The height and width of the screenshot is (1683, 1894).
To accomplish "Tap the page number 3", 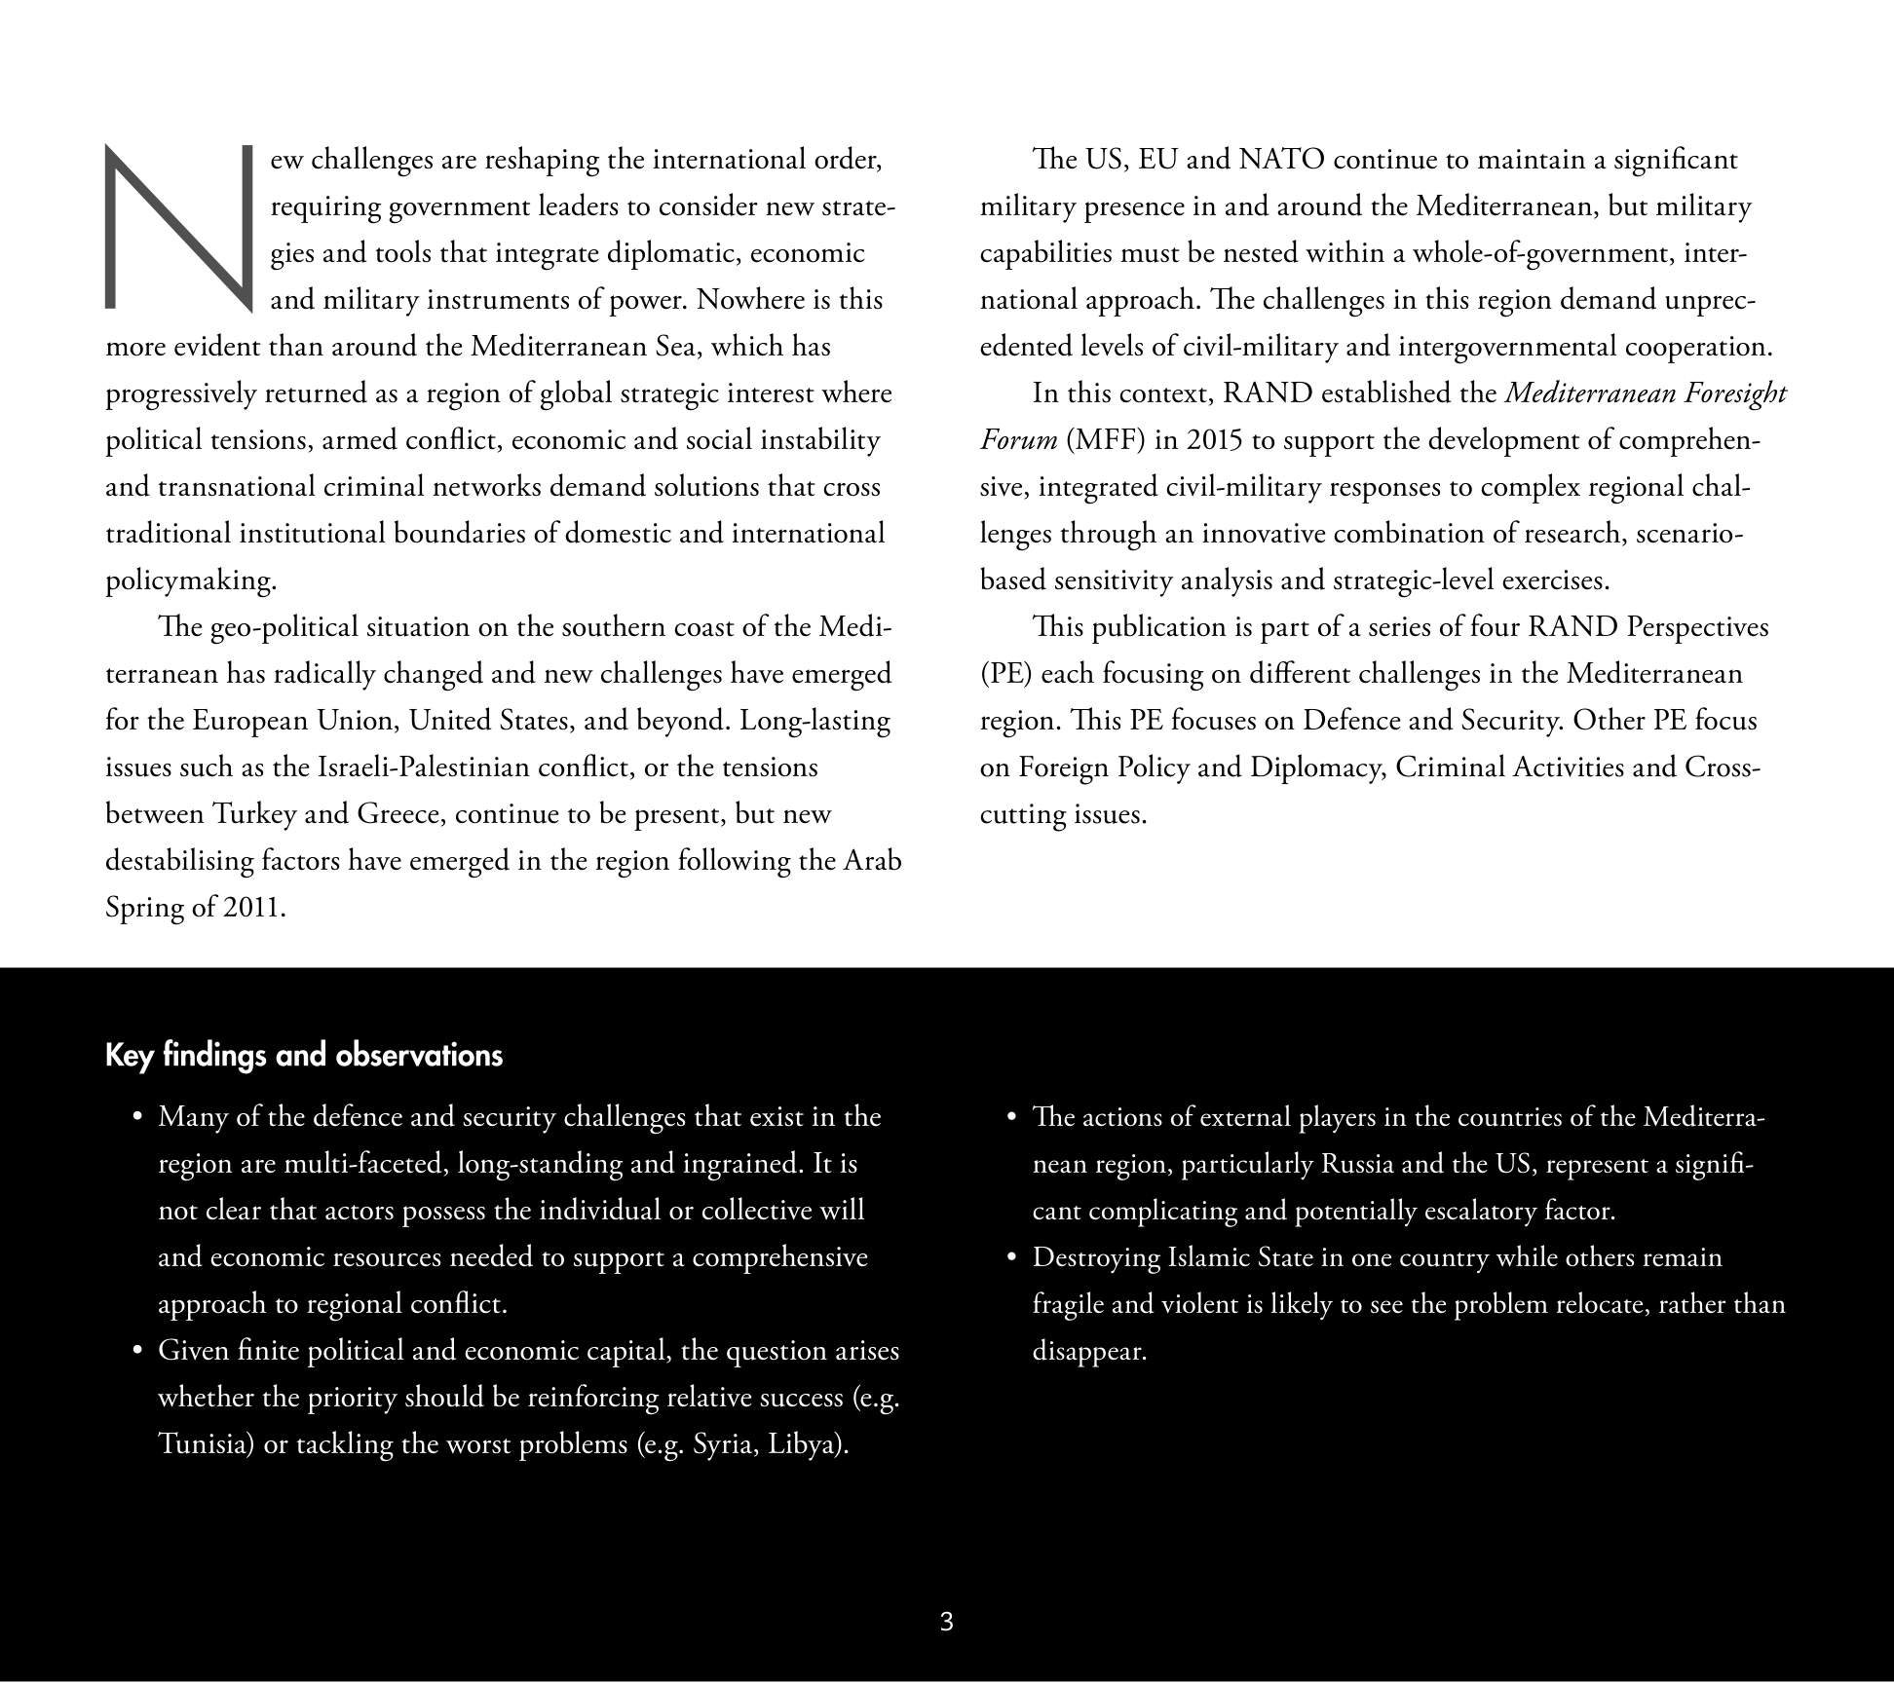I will [946, 1622].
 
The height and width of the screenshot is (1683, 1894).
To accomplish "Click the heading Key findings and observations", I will [304, 1056].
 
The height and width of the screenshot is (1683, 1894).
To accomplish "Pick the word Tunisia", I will [207, 1443].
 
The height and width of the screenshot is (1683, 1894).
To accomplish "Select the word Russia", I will [1362, 1164].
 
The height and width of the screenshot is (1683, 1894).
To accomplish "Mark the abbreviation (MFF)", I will [1106, 440].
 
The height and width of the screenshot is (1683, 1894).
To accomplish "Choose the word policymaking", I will [191, 581].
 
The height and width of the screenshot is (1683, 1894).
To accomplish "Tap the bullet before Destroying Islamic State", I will [1013, 1258].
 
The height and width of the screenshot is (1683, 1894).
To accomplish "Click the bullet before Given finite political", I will [138, 1352].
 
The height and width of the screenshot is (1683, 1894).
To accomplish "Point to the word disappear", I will [1089, 1352].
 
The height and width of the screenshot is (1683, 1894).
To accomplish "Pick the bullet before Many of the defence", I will [138, 1117].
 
